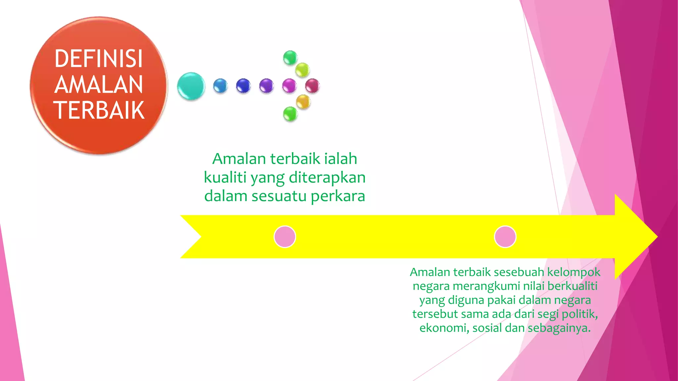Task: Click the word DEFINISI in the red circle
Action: (x=99, y=59)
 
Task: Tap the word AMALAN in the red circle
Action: (x=99, y=85)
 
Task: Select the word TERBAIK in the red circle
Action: (x=99, y=110)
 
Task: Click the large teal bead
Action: (x=191, y=86)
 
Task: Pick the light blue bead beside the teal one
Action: (x=220, y=86)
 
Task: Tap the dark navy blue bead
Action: (x=243, y=86)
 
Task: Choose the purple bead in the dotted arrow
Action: (x=266, y=86)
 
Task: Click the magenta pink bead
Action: (x=289, y=86)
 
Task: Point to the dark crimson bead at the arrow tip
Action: (x=312, y=86)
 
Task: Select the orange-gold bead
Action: (x=303, y=101)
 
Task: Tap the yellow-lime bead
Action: (x=302, y=70)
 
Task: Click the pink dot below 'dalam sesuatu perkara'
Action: (x=285, y=237)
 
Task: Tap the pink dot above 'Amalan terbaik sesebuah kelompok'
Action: (x=505, y=237)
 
